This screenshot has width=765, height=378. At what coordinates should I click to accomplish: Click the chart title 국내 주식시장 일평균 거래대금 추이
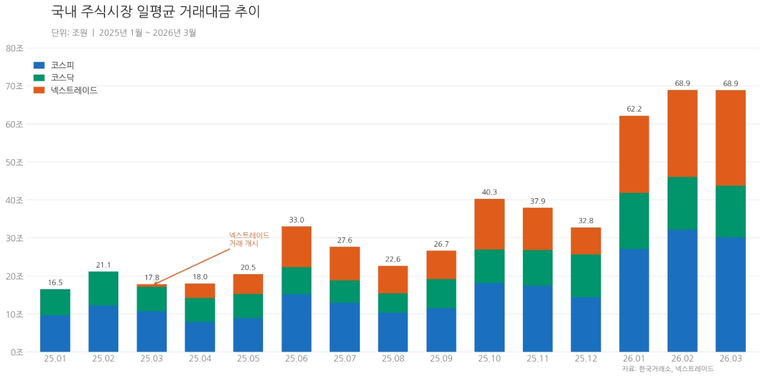point(155,12)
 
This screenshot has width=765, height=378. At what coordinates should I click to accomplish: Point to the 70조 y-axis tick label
point(14,86)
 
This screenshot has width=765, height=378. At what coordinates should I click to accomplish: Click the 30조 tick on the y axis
point(14,238)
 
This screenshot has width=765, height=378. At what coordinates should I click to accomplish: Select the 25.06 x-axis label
point(296,359)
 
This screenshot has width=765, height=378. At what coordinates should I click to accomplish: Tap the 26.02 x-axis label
point(683,359)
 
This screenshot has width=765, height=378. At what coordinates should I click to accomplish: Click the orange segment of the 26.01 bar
point(634,154)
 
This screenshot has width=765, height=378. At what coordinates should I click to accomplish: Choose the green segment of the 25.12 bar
point(586,276)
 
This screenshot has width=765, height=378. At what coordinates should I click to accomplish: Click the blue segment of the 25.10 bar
point(489,317)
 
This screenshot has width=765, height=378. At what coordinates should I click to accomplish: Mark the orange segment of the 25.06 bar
point(296,247)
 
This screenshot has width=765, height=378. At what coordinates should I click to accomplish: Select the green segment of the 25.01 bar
point(55,302)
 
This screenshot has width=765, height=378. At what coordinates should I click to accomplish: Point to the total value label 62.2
point(634,109)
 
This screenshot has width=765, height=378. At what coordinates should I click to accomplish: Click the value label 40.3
point(489,192)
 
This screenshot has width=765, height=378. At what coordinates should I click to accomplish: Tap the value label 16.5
point(55,282)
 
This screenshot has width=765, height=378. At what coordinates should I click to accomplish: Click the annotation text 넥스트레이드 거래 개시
point(249,239)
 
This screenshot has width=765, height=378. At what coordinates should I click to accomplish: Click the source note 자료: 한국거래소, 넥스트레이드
point(668,369)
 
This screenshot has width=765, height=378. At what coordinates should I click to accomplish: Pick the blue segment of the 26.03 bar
point(730,294)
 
